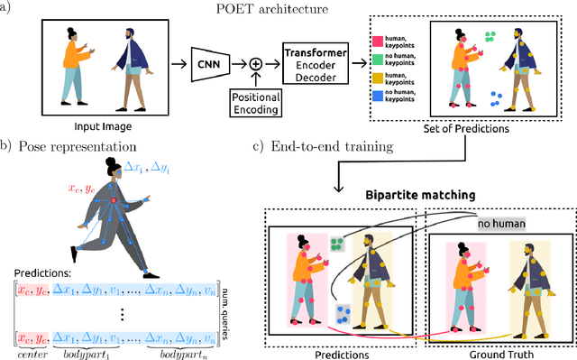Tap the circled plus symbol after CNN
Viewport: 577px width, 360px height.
256,65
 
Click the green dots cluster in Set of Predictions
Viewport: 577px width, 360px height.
490,37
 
